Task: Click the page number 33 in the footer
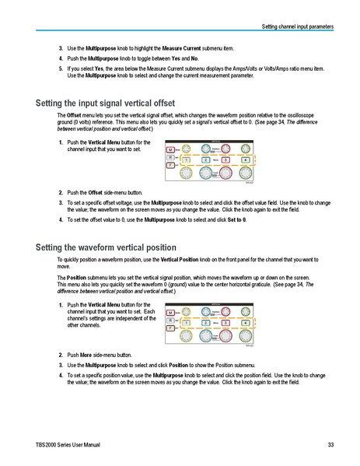[x=330, y=444]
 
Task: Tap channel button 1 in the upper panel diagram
[x=185, y=159]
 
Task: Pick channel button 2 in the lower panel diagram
[x=205, y=321]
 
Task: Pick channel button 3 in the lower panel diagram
[x=225, y=321]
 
